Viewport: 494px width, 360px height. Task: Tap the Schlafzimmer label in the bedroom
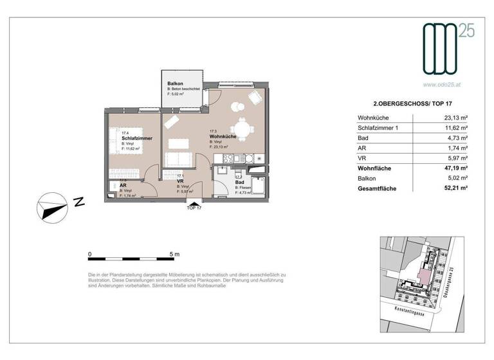coord(136,138)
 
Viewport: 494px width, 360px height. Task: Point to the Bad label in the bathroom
coord(240,182)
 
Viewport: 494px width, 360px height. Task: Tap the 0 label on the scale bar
coord(89,255)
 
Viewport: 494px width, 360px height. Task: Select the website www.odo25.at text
coord(443,84)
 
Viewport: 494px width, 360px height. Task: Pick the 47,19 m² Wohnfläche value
coord(454,168)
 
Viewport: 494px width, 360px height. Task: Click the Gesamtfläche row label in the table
coord(377,188)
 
